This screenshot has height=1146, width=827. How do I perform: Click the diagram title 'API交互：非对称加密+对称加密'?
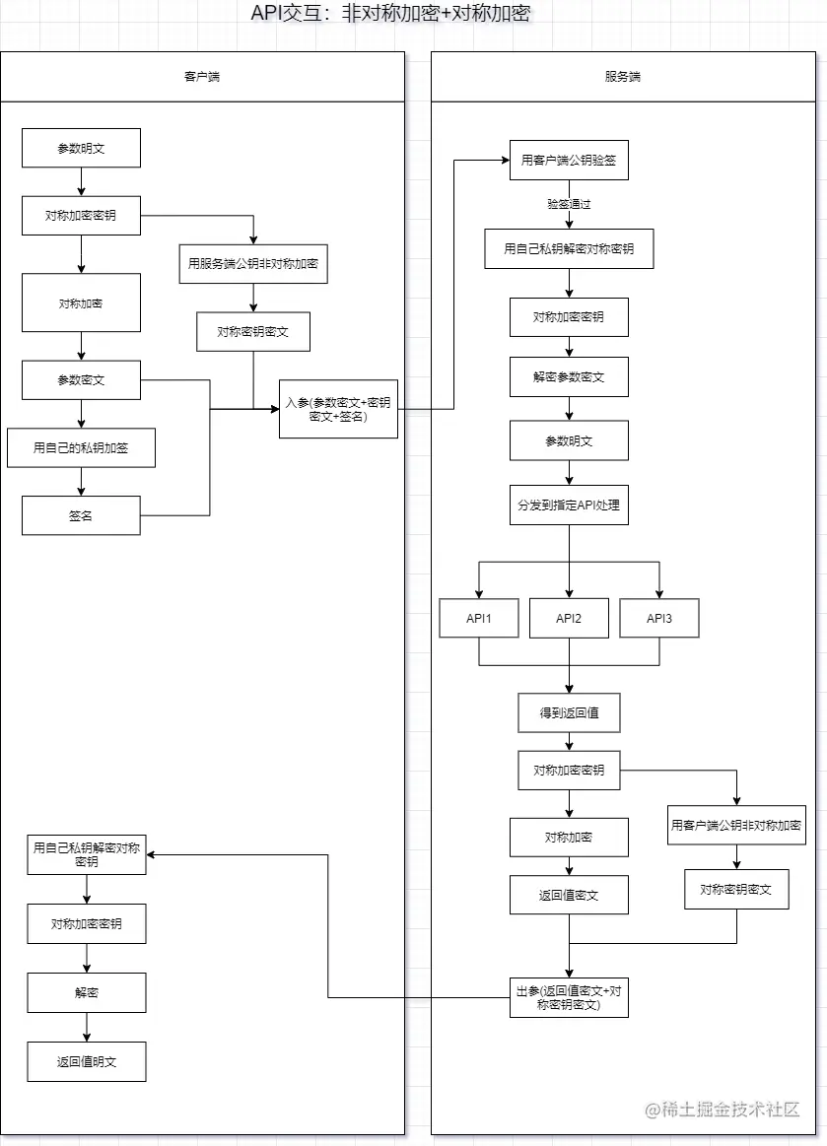(392, 14)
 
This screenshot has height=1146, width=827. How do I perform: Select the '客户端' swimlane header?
(202, 77)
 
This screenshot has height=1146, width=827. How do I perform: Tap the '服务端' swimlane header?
(623, 77)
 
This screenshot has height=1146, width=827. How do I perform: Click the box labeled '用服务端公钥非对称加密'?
(253, 264)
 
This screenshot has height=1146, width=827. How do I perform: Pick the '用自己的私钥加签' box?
(81, 447)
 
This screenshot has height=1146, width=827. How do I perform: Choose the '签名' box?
(81, 515)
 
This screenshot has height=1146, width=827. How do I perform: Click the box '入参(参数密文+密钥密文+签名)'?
(338, 409)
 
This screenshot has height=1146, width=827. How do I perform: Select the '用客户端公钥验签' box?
(569, 161)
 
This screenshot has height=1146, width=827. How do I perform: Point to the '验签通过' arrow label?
(569, 205)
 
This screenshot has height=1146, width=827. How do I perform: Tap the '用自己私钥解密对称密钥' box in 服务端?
(569, 248)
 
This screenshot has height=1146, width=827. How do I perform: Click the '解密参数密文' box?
(569, 376)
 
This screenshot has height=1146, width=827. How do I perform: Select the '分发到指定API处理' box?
(569, 505)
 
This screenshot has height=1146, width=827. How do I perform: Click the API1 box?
(479, 619)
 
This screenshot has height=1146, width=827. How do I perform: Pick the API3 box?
(659, 619)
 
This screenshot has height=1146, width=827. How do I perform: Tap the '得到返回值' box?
(569, 712)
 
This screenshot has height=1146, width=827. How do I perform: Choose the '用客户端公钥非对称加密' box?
(736, 825)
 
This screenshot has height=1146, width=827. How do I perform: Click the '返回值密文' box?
(569, 895)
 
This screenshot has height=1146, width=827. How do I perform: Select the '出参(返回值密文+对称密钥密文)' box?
(569, 998)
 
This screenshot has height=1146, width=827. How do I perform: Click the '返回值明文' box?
(87, 1062)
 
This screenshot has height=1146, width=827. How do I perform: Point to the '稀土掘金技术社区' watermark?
(723, 1110)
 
